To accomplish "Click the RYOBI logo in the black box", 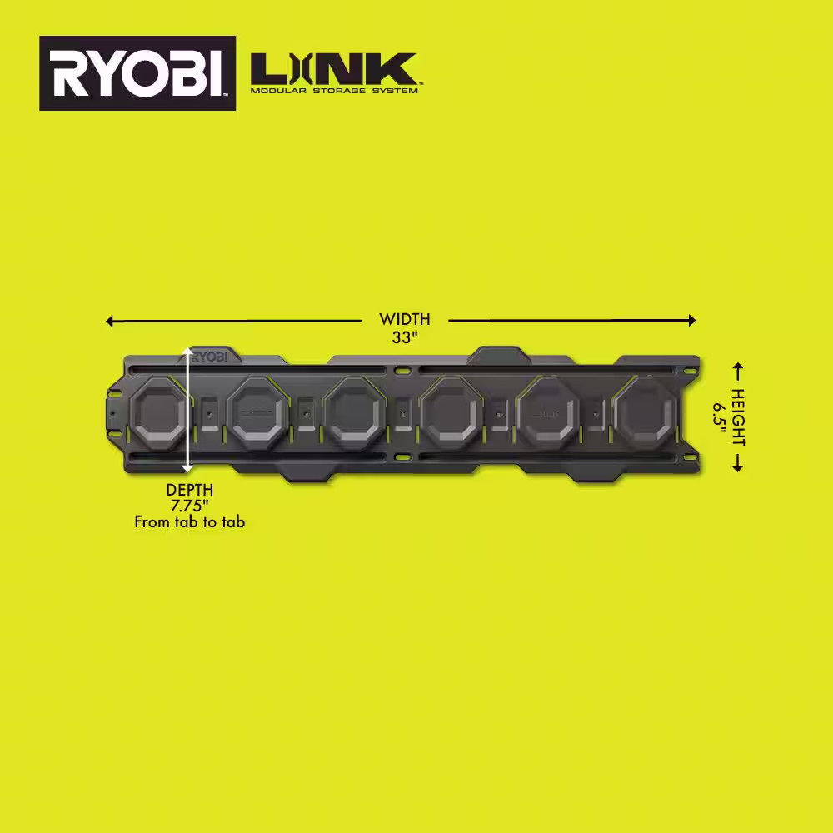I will click(x=137, y=73).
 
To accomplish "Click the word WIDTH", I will click(x=405, y=319).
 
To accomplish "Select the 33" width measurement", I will click(x=405, y=338).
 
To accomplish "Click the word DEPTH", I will click(x=189, y=490).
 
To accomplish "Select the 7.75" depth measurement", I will click(x=189, y=506).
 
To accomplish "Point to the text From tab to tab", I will click(x=190, y=523).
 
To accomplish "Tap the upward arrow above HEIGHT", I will click(x=737, y=367).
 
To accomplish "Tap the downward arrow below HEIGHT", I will click(x=737, y=467).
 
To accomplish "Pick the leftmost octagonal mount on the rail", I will click(x=162, y=412).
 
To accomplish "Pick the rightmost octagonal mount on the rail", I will click(x=644, y=412).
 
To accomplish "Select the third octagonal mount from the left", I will click(x=355, y=412).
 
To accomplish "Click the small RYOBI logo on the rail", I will click(x=212, y=356).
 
